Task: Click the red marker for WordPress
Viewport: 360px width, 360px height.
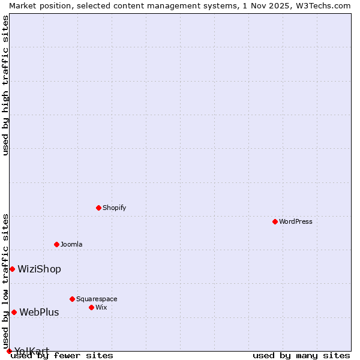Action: click(275, 221)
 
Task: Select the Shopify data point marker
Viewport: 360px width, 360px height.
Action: click(98, 208)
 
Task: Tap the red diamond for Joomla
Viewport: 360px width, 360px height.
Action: click(56, 244)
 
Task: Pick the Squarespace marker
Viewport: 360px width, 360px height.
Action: click(72, 299)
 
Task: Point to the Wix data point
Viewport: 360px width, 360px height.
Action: click(91, 307)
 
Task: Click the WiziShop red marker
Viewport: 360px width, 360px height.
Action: click(12, 269)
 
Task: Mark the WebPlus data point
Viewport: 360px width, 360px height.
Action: click(14, 312)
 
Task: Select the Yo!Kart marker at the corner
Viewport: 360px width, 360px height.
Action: click(9, 351)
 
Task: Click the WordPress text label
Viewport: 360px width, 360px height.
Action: click(296, 221)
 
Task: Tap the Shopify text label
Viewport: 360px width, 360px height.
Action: click(114, 208)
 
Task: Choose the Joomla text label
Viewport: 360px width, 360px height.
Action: click(71, 244)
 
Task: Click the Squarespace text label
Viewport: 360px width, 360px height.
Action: click(97, 299)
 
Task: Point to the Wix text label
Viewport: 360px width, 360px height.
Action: click(101, 307)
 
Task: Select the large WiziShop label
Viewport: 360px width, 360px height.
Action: click(39, 269)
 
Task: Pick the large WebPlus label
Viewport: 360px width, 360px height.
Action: click(39, 312)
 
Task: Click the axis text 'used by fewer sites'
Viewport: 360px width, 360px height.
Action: click(62, 355)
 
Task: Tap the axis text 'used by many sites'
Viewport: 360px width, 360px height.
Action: click(301, 355)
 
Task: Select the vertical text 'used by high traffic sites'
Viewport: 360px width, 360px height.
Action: click(5, 85)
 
